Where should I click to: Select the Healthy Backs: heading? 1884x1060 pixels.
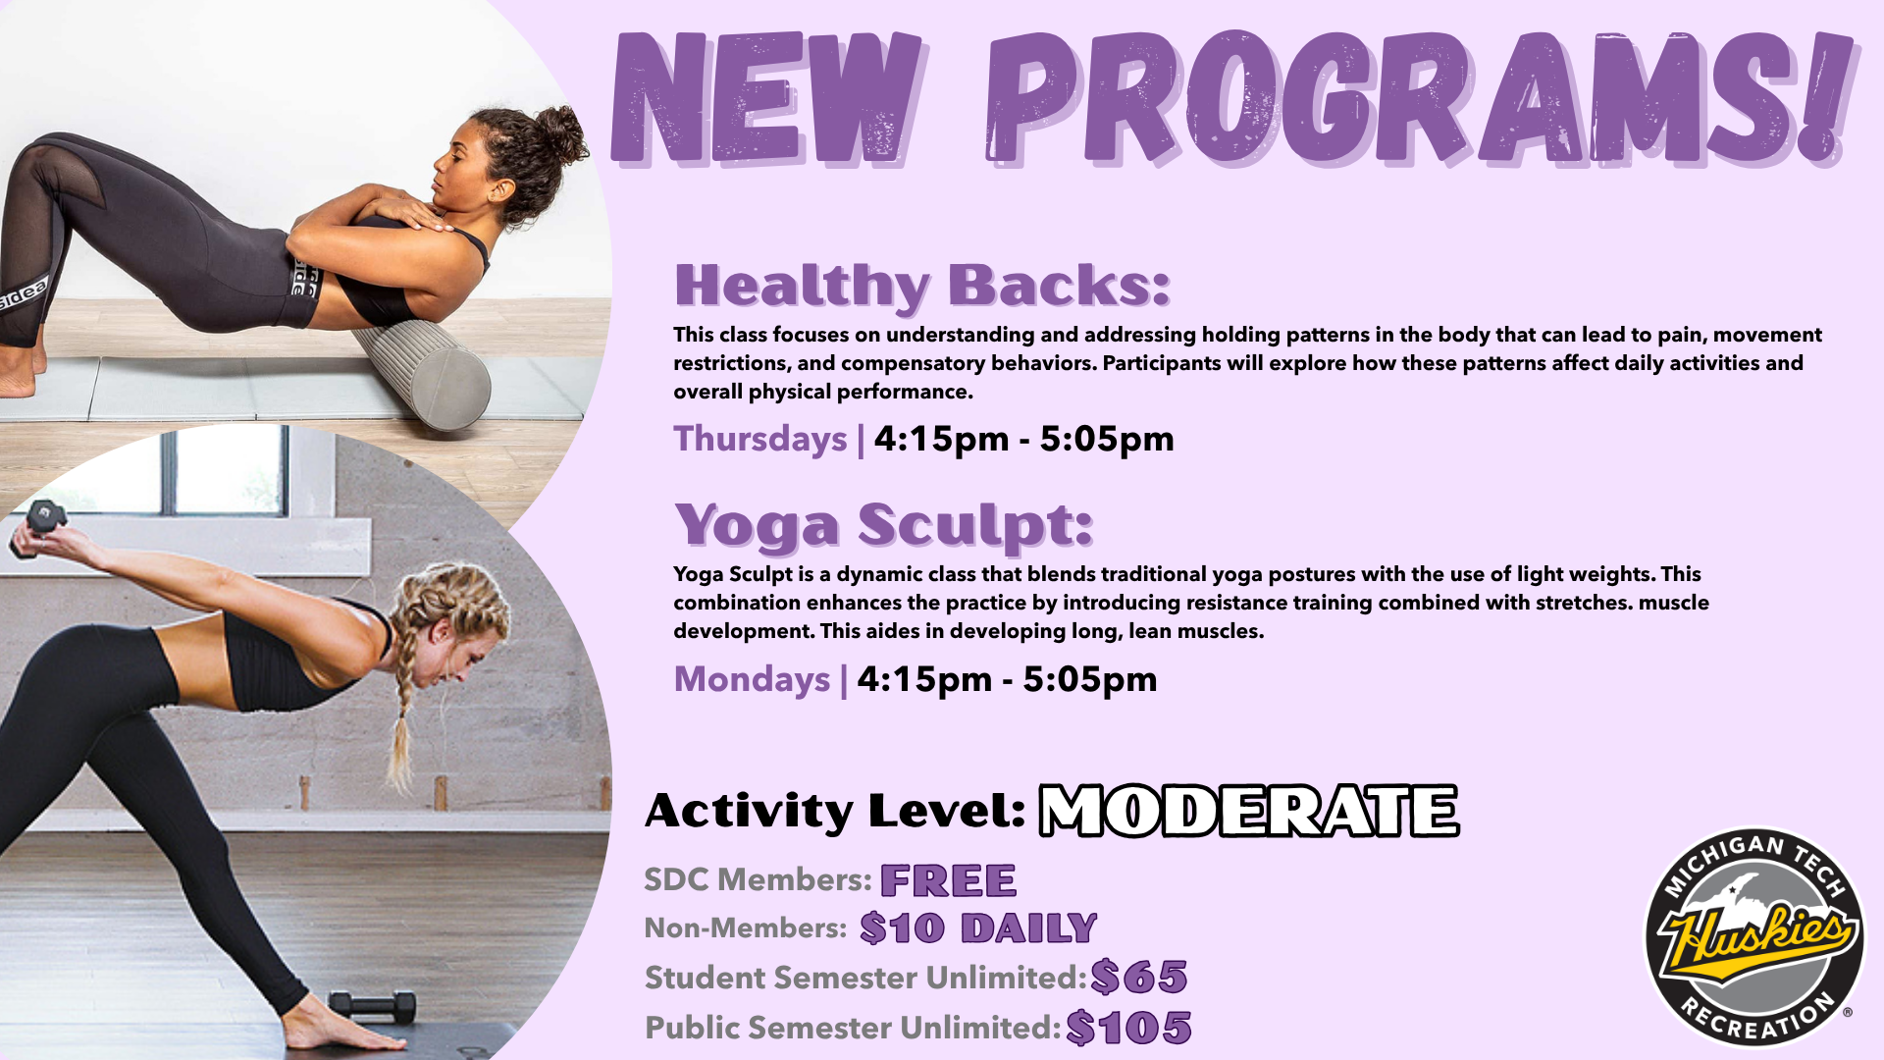(x=922, y=285)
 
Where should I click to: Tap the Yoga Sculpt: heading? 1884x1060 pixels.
(x=883, y=525)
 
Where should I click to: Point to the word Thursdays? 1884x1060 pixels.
(x=760, y=439)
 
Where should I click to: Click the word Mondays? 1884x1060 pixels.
(x=752, y=679)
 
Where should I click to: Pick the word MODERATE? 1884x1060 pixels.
(x=1249, y=811)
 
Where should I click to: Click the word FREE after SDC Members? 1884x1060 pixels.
(x=948, y=880)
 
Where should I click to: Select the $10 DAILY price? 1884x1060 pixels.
(x=978, y=928)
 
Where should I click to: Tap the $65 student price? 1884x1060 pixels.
(x=1139, y=978)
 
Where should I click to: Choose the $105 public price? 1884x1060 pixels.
(x=1128, y=1028)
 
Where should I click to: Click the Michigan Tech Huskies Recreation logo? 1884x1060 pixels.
(x=1754, y=937)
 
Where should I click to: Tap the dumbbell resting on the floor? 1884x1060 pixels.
(x=372, y=1007)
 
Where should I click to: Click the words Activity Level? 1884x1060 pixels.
(x=835, y=812)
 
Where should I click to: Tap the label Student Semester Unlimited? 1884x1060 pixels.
(x=865, y=979)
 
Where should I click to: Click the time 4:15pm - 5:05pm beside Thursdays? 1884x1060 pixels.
(x=1023, y=439)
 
